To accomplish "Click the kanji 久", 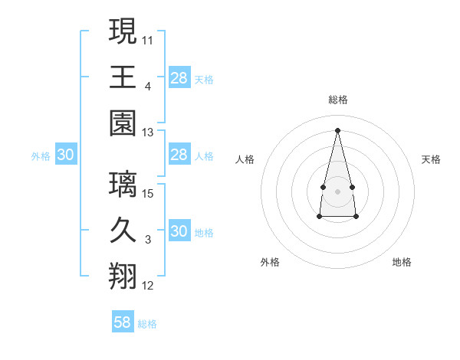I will [123, 230].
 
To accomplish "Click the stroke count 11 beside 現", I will [148, 39].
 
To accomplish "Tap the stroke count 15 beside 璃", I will [148, 193].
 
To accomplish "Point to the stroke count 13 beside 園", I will [148, 133].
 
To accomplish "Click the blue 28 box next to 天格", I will [179, 77].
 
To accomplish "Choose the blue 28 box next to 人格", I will [179, 155].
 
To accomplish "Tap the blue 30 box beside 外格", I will [65, 155].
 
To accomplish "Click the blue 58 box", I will [123, 322].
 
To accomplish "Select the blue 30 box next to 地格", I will [179, 232].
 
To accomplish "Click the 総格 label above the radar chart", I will [337, 100].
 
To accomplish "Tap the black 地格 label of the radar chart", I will [402, 262].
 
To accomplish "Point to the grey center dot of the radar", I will [337, 190].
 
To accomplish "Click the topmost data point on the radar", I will [337, 129].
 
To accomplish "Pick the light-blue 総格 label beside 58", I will [147, 324].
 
